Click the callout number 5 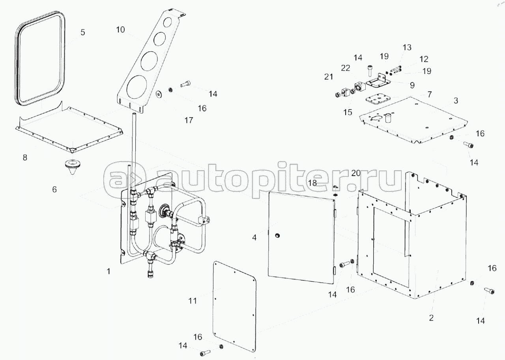pyautogui.click(x=82, y=32)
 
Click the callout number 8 pyautogui.click(x=25, y=157)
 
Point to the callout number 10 pyautogui.click(x=120, y=30)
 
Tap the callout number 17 pyautogui.click(x=189, y=120)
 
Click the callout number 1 pyautogui.click(x=109, y=272)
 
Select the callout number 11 pyautogui.click(x=192, y=301)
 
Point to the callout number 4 pyautogui.click(x=254, y=238)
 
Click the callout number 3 pyautogui.click(x=456, y=101)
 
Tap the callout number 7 pyautogui.click(x=429, y=94)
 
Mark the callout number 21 pyautogui.click(x=329, y=77)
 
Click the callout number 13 pyautogui.click(x=407, y=47)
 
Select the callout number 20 pyautogui.click(x=356, y=173)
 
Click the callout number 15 pyautogui.click(x=347, y=112)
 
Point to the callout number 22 pyautogui.click(x=346, y=67)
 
